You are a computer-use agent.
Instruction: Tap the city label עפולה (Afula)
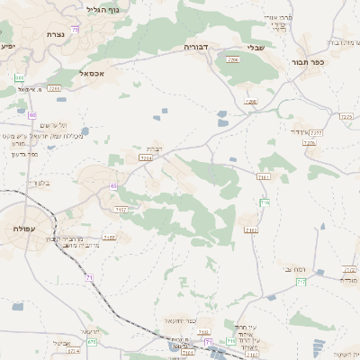coord(24,229)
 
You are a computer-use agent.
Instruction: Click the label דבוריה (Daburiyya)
coord(196,45)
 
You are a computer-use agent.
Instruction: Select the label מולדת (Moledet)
coord(348,280)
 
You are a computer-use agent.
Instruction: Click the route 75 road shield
coord(75,30)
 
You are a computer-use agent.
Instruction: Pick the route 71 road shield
coord(89,278)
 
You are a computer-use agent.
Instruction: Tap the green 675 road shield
coord(92,342)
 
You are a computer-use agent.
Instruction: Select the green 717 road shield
coord(231,340)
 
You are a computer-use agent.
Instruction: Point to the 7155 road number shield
coord(109,238)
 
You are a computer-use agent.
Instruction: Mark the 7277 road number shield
coord(316,132)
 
